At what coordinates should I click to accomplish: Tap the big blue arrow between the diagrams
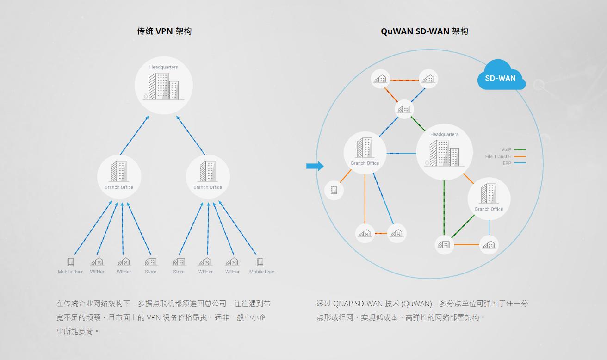pyautogui.click(x=315, y=166)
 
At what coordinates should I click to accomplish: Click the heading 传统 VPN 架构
pyautogui.click(x=164, y=31)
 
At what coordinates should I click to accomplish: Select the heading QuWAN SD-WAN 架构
pyautogui.click(x=424, y=31)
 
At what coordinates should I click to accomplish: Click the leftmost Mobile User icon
pyautogui.click(x=70, y=262)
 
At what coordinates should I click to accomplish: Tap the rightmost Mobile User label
pyautogui.click(x=262, y=272)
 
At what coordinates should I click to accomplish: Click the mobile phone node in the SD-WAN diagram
pyautogui.click(x=334, y=190)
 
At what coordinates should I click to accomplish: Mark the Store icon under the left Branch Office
pyautogui.click(x=150, y=262)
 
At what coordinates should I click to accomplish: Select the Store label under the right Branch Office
pyautogui.click(x=179, y=272)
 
